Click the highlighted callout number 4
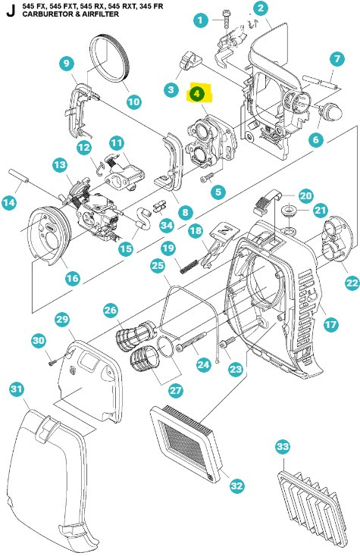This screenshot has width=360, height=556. [x=198, y=94]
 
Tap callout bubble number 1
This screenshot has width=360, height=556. [x=200, y=20]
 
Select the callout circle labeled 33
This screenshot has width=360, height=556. [x=283, y=448]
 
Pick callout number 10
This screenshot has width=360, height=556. [x=133, y=101]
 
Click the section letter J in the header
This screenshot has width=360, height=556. [x=8, y=10]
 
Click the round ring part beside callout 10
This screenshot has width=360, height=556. [x=111, y=59]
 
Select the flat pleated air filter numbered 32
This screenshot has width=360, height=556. [x=186, y=439]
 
